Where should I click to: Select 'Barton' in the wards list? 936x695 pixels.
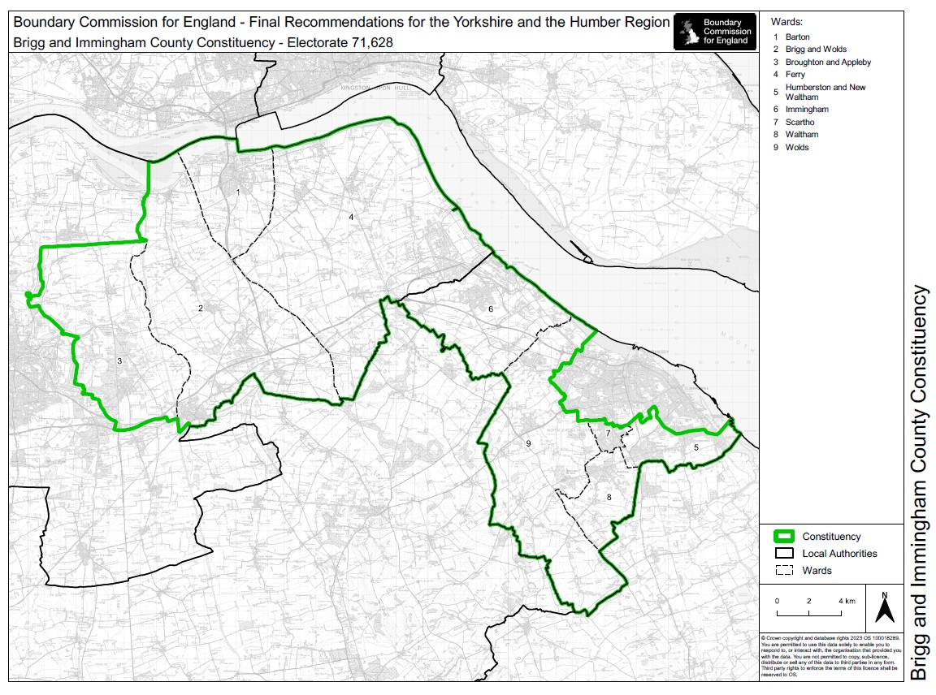pos(797,37)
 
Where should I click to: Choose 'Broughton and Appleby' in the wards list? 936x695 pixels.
pos(828,62)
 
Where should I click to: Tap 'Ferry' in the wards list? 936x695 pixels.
pos(795,75)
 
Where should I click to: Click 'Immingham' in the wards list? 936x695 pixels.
pos(807,109)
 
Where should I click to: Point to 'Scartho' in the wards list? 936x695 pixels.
pos(799,122)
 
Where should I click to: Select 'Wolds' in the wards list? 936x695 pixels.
pos(797,148)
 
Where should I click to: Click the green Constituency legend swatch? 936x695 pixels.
pos(784,537)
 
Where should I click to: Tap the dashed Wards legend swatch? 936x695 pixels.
pos(784,571)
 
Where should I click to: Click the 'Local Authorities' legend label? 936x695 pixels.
pos(839,554)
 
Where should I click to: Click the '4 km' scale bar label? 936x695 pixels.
pos(846,601)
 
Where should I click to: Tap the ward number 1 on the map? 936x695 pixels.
pos(238,192)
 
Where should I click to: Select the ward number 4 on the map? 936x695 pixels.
pos(351,217)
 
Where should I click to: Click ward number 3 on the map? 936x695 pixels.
pos(119,360)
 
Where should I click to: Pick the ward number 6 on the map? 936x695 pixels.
pos(491,309)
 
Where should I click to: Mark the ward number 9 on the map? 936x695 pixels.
pos(528,443)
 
